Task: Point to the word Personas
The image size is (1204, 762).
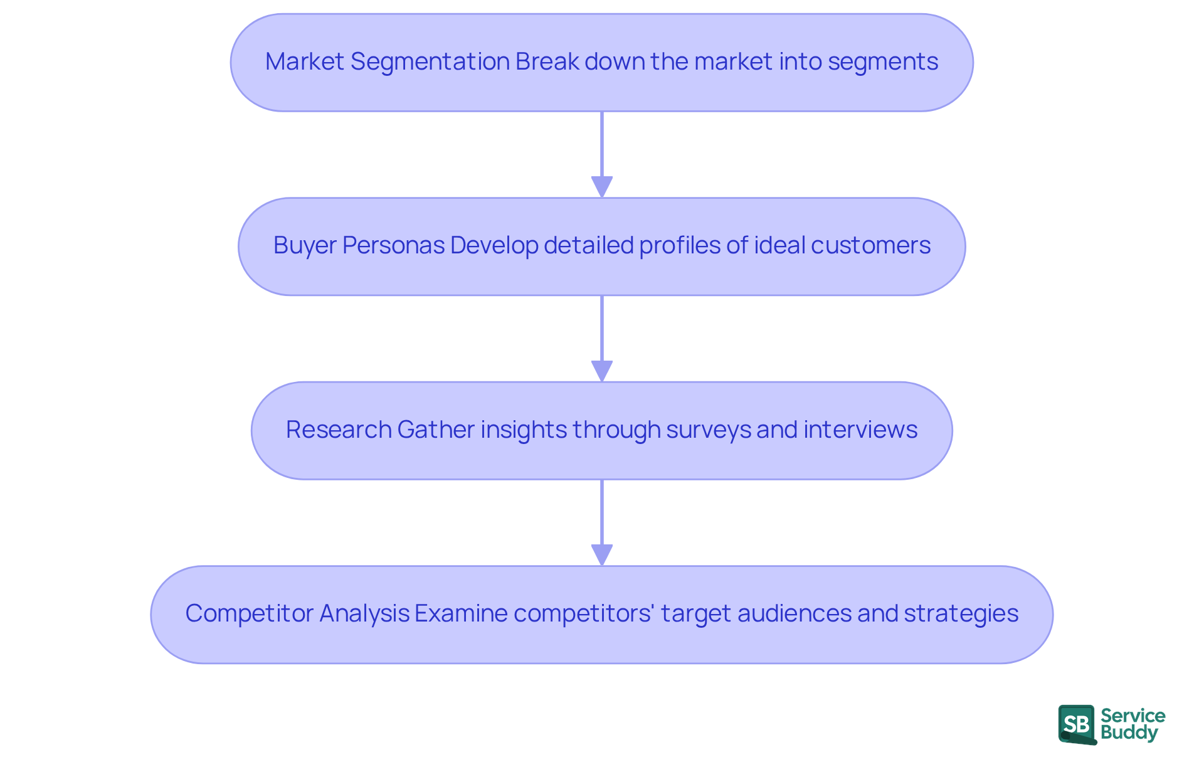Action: pyautogui.click(x=394, y=246)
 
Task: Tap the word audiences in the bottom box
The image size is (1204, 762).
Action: pyautogui.click(x=794, y=614)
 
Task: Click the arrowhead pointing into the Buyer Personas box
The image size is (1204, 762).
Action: pyautogui.click(x=602, y=187)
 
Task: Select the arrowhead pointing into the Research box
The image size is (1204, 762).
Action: pyautogui.click(x=602, y=371)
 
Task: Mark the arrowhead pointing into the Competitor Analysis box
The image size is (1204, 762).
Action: pyautogui.click(x=602, y=555)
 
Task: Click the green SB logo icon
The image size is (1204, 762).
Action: pyautogui.click(x=1077, y=724)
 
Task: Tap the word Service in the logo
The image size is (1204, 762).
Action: pyautogui.click(x=1133, y=716)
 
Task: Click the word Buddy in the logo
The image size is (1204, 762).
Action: pyautogui.click(x=1129, y=733)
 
